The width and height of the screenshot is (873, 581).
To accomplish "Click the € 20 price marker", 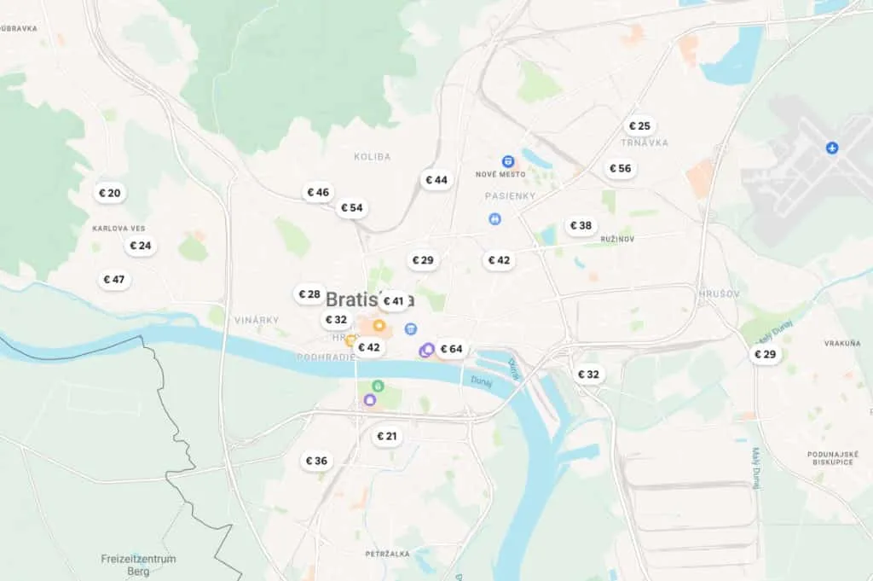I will [x=110, y=193].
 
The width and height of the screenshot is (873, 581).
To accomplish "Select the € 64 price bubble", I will [x=451, y=349].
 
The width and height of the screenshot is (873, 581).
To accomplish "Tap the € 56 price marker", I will [x=620, y=168].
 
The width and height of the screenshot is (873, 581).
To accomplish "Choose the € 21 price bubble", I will [x=387, y=436].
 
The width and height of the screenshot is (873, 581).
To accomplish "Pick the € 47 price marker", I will [x=113, y=279].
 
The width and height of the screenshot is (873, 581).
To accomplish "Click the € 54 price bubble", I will [x=351, y=207].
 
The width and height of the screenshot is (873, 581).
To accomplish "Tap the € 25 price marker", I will [x=639, y=126].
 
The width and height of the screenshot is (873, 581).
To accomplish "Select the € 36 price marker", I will [x=315, y=461].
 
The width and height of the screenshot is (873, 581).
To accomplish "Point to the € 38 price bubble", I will [x=580, y=225].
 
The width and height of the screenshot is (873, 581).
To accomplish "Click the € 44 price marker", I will [x=436, y=180].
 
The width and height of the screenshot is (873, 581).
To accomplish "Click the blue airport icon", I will [x=832, y=148].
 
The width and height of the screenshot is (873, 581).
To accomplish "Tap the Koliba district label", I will [x=372, y=157].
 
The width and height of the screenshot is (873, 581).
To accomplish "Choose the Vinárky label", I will [x=257, y=320].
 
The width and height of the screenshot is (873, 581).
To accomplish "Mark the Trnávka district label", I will [x=645, y=142].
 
